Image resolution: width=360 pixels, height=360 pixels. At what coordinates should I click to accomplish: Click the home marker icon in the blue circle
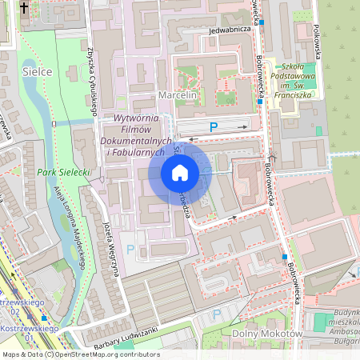pos(179,173)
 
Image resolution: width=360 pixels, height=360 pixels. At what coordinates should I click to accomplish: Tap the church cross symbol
pos(24,8)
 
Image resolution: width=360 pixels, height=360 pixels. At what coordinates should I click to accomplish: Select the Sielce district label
pos(37,72)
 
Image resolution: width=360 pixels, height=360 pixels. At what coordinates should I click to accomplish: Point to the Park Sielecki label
pos(63,172)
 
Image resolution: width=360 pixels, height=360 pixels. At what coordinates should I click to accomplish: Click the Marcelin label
pos(178,95)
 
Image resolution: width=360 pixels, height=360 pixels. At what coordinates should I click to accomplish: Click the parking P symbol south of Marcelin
pos(214,126)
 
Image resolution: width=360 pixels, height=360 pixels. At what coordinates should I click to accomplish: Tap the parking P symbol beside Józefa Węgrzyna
pos(130,250)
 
